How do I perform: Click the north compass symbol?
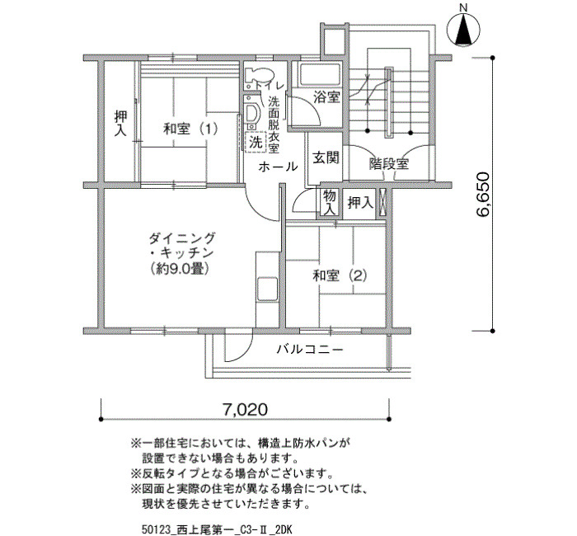463,30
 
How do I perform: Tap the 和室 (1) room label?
190,129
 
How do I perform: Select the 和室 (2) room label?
340,275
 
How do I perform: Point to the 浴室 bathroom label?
326,97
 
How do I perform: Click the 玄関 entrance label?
326,158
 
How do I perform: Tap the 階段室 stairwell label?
389,163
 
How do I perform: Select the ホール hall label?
278,167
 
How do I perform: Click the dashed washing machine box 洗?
256,141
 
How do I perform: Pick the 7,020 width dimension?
244,409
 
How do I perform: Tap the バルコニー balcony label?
310,349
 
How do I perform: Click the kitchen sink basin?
267,289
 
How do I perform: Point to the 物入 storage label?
330,203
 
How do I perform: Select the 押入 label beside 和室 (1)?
120,124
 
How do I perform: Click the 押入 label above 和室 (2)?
361,203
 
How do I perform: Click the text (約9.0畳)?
181,269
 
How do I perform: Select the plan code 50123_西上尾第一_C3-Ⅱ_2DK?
216,529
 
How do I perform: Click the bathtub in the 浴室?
320,75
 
